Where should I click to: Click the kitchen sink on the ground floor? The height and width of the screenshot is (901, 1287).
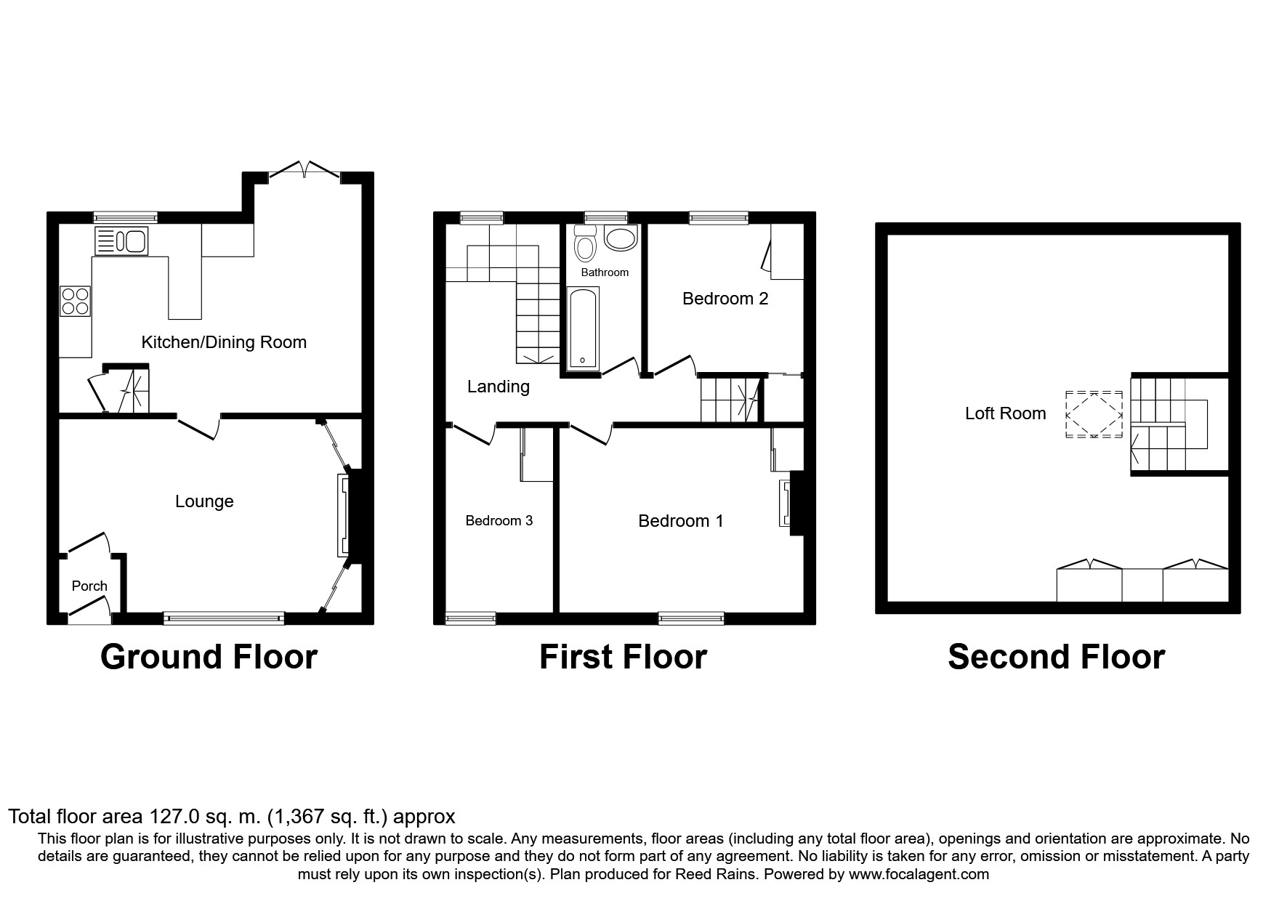pos(121,241)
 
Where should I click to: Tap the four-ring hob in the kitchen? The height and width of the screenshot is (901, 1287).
pos(76,302)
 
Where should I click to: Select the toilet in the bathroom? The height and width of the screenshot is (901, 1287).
pos(584,243)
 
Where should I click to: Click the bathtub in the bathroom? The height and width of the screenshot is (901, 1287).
pos(583,328)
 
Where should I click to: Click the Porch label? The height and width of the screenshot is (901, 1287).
pos(89,586)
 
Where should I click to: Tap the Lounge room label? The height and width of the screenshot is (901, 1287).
pos(204,501)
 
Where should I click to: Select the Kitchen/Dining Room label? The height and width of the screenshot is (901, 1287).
pos(224,342)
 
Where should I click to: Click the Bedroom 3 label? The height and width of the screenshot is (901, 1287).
pos(499,520)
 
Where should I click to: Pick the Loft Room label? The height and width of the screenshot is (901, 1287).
pos(1006,413)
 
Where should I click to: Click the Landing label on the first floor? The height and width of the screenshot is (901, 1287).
pos(499,387)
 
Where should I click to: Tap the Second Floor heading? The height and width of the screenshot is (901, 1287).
pos(1056,657)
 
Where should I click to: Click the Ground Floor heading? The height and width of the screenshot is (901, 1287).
pos(209,657)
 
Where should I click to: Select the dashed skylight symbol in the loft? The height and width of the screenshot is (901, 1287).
pos(1094,415)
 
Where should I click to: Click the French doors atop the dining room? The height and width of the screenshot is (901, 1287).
pos(304,171)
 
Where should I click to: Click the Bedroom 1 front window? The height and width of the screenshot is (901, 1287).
pos(691,618)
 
